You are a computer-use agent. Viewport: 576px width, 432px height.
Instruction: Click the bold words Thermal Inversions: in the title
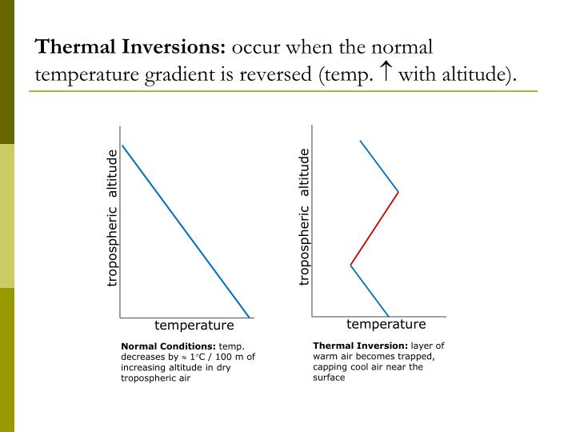pos(131,47)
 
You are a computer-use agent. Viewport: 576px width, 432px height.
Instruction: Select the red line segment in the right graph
pos(374,228)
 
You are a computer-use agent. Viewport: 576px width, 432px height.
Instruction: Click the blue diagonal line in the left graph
pos(186,231)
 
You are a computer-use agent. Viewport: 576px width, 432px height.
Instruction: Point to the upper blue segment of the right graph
pos(379,166)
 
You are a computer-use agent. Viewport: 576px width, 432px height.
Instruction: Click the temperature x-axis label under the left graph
pos(194,326)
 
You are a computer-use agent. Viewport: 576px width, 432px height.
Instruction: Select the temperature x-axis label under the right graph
pos(386,324)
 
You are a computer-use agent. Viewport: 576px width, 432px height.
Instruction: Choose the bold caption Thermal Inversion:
pos(360,346)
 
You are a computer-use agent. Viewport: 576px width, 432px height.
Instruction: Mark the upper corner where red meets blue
pos(398,192)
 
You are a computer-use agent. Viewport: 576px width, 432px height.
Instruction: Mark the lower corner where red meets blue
pos(350,265)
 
